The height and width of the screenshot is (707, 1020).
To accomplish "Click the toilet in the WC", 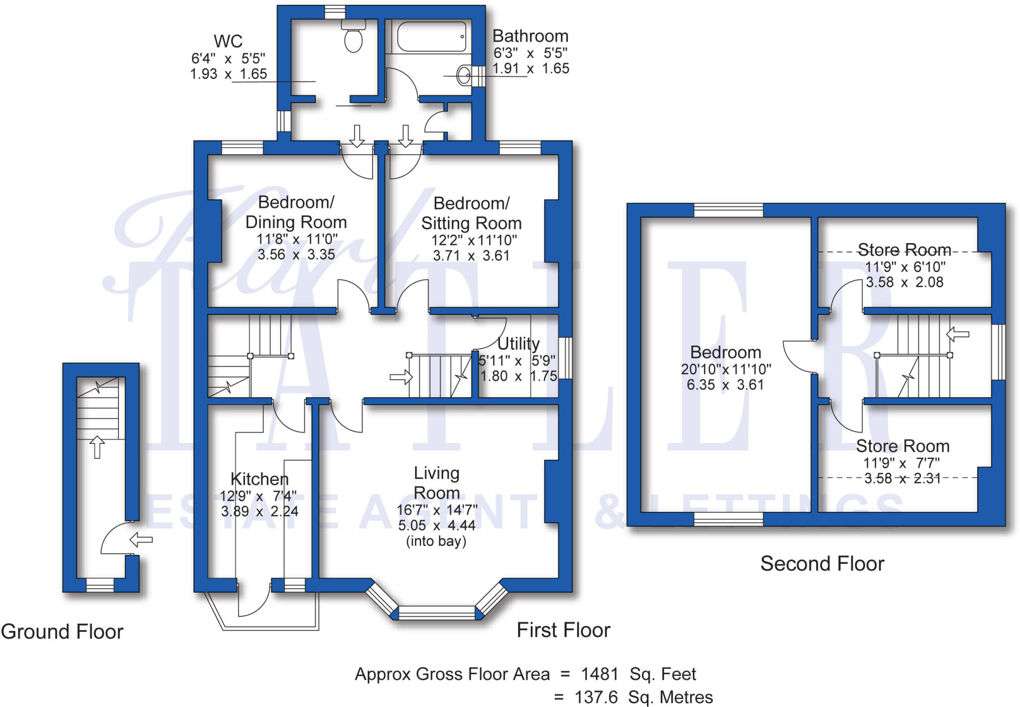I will click(353, 38).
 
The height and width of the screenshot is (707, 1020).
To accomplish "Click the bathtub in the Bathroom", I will click(431, 36).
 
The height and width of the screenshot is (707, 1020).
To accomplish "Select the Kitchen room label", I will click(259, 479).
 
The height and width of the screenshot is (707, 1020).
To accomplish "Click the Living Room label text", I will click(437, 483).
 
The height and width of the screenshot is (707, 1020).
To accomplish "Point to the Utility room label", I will click(518, 344).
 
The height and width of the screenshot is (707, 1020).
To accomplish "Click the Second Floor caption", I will click(822, 564).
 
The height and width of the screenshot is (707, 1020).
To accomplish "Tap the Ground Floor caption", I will click(62, 632).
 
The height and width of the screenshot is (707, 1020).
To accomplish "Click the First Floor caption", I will click(563, 630).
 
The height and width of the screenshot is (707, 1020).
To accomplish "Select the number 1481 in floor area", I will click(600, 674).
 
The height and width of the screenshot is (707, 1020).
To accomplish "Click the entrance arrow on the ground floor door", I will click(141, 540).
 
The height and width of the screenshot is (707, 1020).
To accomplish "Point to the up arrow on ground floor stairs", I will click(97, 447).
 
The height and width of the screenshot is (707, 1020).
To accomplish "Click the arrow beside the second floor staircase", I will click(957, 334).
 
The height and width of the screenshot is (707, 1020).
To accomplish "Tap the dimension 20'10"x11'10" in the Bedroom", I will click(726, 369).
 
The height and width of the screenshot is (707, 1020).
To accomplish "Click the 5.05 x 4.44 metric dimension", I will click(437, 525).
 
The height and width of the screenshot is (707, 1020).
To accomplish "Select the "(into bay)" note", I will click(436, 541).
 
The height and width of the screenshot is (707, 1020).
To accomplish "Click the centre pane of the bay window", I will click(437, 612).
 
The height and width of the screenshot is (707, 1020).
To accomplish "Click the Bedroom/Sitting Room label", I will click(471, 213).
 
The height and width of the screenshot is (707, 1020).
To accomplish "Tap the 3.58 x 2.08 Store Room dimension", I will click(904, 282).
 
